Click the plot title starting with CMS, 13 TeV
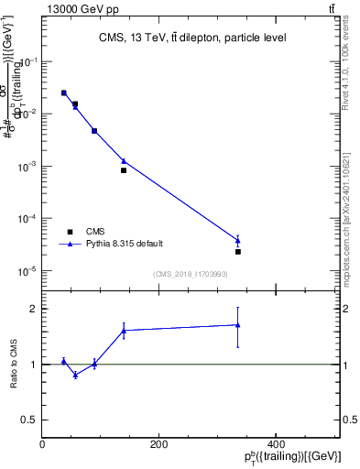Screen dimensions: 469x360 tap(191, 38)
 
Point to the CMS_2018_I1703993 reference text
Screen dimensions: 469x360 tap(191, 273)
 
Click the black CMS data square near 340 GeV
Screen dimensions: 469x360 tap(238, 251)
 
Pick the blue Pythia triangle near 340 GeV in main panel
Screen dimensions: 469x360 tap(238, 241)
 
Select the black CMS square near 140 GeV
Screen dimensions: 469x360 tap(124, 170)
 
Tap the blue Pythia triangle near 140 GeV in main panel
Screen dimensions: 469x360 tap(124, 161)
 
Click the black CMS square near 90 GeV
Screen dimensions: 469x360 tap(94, 131)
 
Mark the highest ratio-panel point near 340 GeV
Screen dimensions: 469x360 tap(238, 324)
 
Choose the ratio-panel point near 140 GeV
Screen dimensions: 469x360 tap(124, 330)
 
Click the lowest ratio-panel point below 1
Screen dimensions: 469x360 tap(75, 375)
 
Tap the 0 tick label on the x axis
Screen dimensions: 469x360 tap(42, 444)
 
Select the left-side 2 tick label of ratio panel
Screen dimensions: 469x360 tap(31, 309)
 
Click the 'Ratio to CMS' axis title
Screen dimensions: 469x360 tap(13, 365)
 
